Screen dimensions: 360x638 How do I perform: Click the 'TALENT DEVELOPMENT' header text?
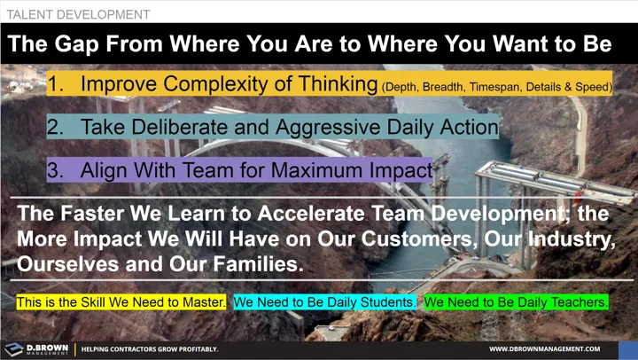point(78,14)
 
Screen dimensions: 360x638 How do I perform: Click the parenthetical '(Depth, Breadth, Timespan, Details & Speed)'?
point(495,86)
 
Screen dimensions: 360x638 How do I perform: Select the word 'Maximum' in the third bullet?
point(323,169)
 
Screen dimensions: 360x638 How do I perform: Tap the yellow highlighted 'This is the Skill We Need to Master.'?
point(121,302)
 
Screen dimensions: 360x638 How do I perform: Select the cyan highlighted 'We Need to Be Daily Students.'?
point(325,302)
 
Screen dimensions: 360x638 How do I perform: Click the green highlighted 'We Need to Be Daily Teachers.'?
point(517,302)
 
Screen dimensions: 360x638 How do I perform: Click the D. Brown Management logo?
point(36,348)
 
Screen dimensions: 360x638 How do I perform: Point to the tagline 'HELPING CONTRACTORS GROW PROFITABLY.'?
point(150,349)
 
